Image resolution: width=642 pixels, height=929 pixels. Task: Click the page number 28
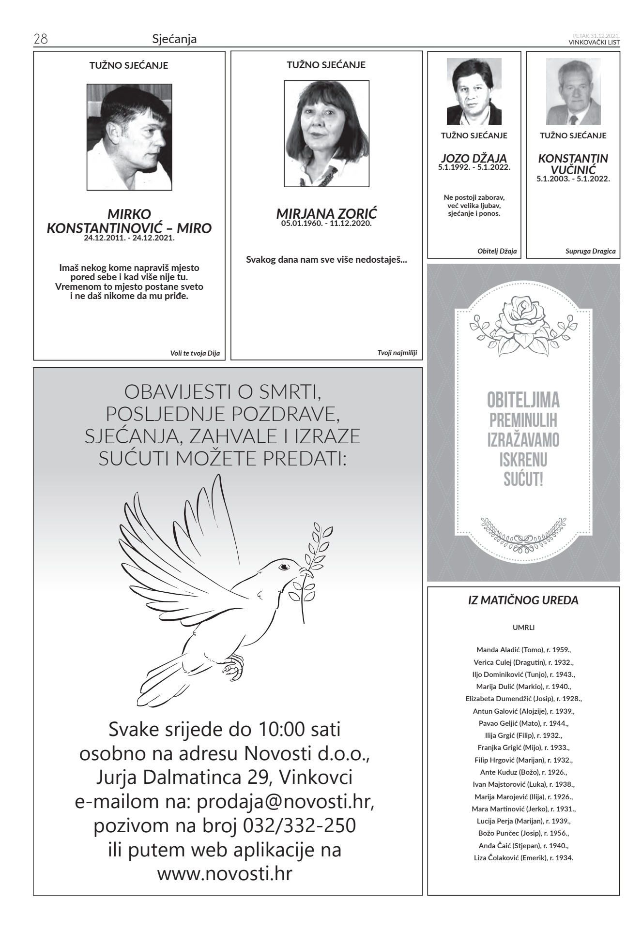click(x=40, y=39)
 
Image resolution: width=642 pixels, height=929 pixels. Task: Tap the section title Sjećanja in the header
click(x=174, y=39)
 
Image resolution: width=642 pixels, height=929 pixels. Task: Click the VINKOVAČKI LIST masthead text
click(x=594, y=42)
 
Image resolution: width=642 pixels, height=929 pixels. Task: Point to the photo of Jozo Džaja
click(x=474, y=92)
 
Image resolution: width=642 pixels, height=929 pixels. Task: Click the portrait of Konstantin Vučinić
click(x=573, y=92)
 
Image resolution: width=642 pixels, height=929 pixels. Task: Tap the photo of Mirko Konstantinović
click(x=129, y=137)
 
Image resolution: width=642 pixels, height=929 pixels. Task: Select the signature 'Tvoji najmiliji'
click(x=397, y=353)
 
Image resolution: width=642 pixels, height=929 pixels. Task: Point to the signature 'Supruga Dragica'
click(x=590, y=251)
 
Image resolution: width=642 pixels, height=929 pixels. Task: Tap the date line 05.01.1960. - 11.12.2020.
click(x=326, y=224)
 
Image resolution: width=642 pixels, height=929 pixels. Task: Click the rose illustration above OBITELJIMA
click(x=522, y=325)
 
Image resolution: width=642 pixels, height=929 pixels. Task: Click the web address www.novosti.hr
click(x=225, y=873)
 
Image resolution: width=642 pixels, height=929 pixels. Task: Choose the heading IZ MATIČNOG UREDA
click(x=523, y=600)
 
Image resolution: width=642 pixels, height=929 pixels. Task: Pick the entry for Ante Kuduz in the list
click(x=523, y=772)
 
